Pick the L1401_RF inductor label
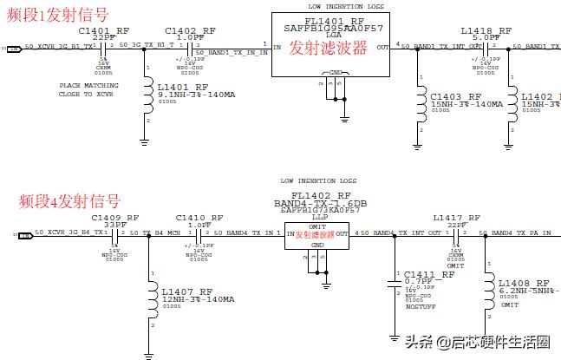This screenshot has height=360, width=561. (184, 87)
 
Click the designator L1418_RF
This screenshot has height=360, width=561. (486, 30)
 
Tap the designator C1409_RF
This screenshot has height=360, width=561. (114, 218)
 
